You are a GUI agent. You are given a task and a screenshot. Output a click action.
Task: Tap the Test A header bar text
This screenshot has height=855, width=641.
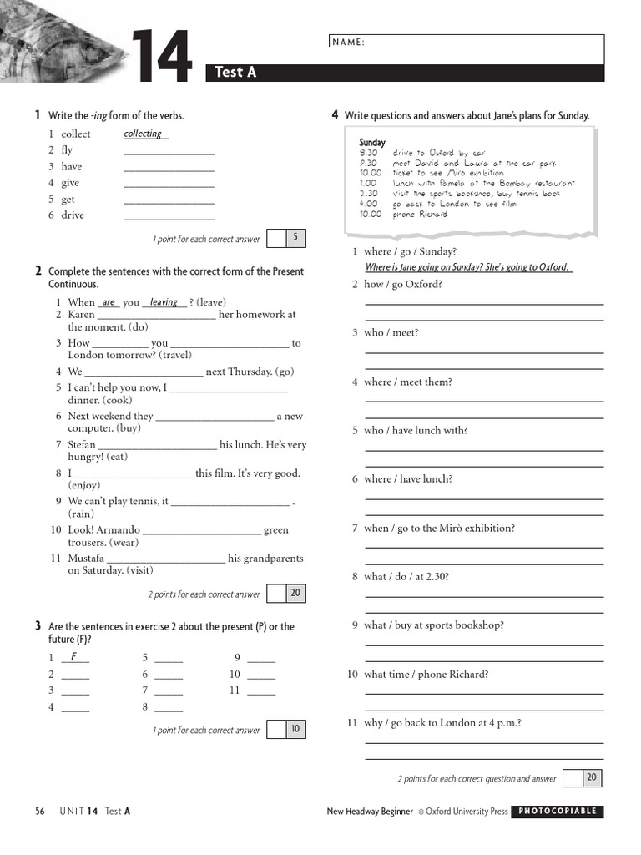235,73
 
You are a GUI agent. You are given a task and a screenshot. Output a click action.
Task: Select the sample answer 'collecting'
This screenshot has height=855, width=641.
143,134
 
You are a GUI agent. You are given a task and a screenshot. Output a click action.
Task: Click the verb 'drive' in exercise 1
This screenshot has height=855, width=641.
73,215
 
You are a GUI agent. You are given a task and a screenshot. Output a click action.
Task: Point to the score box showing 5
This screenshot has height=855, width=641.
295,238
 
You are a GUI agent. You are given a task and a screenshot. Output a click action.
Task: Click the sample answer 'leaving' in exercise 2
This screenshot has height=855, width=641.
164,302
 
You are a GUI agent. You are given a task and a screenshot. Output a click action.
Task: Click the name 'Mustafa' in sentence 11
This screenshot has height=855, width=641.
86,559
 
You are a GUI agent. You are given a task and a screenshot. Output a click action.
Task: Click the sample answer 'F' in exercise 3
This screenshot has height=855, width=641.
74,656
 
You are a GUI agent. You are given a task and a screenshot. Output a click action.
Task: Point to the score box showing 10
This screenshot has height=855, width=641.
295,729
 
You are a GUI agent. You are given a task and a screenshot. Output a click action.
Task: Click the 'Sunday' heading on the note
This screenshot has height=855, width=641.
372,143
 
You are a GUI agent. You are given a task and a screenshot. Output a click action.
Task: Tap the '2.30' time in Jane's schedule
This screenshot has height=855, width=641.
368,194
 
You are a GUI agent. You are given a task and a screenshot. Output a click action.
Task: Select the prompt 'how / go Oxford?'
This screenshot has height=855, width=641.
403,284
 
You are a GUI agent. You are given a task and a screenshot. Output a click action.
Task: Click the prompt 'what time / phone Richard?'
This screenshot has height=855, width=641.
426,674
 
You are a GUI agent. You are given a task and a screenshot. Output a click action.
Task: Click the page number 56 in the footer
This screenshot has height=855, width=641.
40,811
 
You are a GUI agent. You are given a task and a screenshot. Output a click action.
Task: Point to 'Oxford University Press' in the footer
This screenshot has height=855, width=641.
466,811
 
